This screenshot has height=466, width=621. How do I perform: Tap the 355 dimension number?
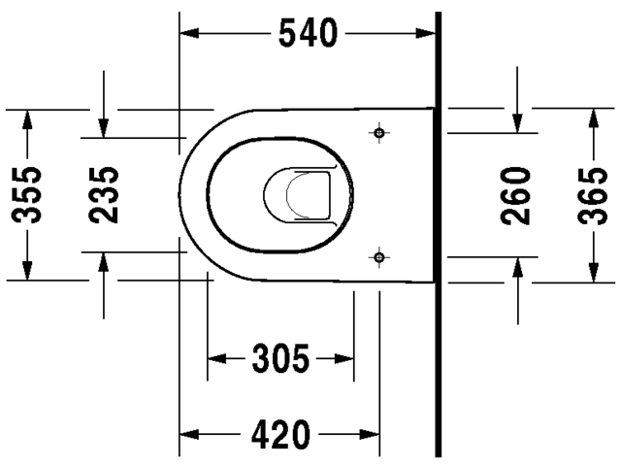(30, 194)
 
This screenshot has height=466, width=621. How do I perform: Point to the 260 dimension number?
(517, 194)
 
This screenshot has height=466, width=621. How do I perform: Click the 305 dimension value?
(280, 358)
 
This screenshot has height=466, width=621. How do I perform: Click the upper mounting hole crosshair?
(379, 131)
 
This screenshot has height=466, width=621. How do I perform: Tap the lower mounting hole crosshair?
(379, 257)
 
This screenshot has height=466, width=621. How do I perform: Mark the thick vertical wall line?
(440, 233)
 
